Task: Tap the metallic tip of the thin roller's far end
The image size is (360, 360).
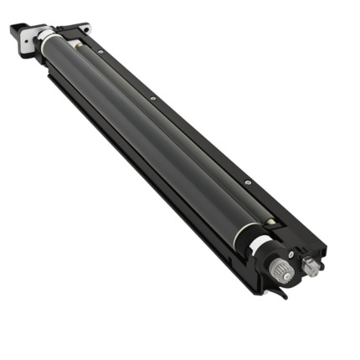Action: tap(74, 41)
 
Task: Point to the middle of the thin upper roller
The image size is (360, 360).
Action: tap(167, 126)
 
